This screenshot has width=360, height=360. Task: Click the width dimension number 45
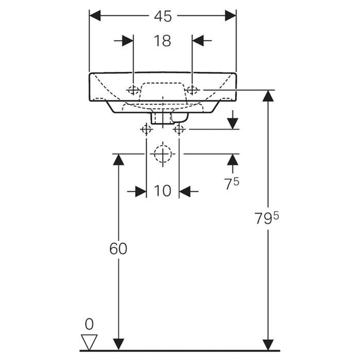click(163, 16)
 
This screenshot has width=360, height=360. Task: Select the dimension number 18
click(163, 41)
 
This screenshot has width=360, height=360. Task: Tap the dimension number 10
click(163, 191)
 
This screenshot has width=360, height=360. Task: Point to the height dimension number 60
click(118, 248)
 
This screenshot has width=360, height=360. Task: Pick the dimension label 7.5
click(232, 184)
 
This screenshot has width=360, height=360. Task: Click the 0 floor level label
click(89, 324)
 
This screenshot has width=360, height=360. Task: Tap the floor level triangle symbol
click(89, 340)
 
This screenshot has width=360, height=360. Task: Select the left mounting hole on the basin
click(133, 91)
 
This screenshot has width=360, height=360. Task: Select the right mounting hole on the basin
click(192, 91)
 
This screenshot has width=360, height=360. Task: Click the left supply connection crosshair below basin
click(146, 129)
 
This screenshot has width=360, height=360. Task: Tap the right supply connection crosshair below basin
click(179, 129)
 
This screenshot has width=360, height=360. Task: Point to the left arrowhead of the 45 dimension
click(95, 16)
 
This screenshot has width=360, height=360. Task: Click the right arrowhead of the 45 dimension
click(231, 16)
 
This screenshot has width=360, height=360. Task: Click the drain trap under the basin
click(163, 118)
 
